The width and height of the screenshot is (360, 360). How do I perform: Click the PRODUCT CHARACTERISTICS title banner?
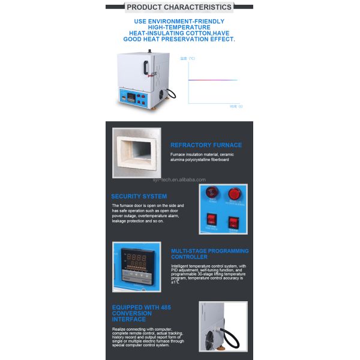[x=179, y=7]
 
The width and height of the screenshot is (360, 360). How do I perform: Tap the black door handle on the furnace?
[x=144, y=67]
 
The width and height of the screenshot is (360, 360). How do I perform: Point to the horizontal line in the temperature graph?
[x=213, y=80]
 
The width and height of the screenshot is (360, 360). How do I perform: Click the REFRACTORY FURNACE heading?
[x=206, y=145]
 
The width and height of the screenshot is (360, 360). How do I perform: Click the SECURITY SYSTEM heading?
[x=139, y=196]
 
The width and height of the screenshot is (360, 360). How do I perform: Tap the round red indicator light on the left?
[x=210, y=193]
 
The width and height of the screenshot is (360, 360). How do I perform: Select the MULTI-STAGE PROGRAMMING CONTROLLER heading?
[x=209, y=254]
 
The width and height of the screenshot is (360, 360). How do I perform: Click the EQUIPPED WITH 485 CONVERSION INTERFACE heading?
[x=142, y=313]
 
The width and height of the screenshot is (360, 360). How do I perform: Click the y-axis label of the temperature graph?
[x=188, y=59]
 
